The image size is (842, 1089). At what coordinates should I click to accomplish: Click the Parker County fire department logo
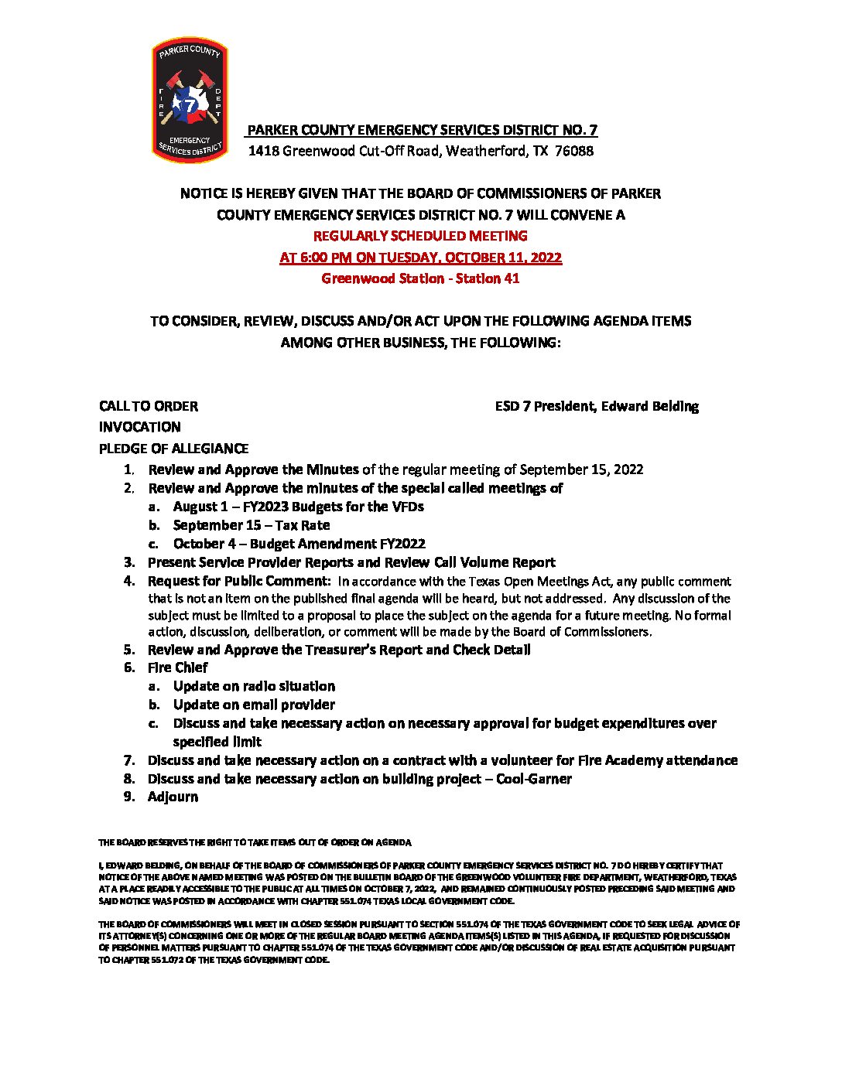[189, 100]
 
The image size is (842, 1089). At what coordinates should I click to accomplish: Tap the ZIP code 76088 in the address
[574, 151]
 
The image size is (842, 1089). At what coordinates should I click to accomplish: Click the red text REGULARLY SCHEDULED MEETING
[420, 236]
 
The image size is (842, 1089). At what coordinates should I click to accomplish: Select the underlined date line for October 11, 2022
[420, 258]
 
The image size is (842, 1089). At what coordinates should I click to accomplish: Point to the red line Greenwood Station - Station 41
[420, 278]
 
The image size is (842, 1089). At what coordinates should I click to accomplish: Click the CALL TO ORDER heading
[148, 406]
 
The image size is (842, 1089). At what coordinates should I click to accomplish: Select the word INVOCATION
[139, 427]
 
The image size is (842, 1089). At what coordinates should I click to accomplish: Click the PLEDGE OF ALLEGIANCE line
[173, 449]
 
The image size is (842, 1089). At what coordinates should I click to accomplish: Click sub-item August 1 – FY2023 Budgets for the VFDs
[298, 507]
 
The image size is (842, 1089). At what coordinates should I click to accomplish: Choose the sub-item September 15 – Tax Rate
[252, 525]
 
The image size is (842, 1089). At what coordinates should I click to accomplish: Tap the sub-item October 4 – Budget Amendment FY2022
[299, 544]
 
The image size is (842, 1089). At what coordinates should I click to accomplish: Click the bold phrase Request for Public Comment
[239, 581]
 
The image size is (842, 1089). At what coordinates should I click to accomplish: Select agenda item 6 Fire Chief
[177, 667]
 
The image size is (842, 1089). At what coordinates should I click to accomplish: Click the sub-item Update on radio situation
[254, 686]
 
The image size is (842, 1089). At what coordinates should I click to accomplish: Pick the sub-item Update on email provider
[254, 705]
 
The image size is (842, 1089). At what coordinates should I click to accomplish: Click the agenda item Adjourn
[173, 797]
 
